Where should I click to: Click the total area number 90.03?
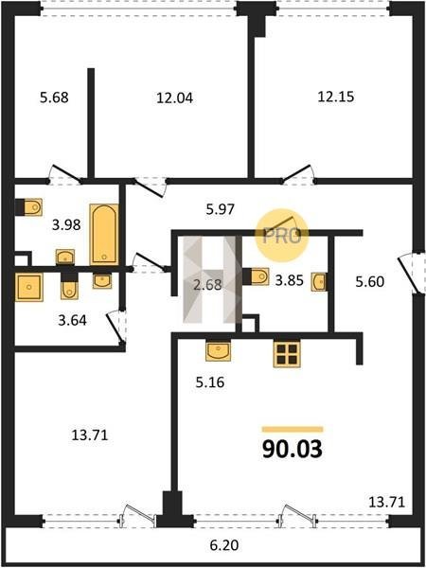click(292, 449)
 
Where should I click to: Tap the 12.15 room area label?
click(336, 98)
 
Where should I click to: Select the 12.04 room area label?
click(174, 98)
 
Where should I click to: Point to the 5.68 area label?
click(54, 98)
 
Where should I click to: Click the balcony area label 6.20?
click(224, 545)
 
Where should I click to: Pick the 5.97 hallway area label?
click(221, 209)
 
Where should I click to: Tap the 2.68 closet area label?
click(207, 284)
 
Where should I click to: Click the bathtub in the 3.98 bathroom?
click(104, 235)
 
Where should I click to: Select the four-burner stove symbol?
click(287, 354)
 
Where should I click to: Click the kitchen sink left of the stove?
click(218, 350)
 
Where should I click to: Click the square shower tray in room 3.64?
click(29, 287)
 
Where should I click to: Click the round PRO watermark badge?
click(282, 236)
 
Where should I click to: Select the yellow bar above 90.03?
click(293, 430)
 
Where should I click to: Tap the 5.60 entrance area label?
click(369, 281)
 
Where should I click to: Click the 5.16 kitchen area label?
click(210, 382)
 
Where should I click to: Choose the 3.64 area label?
click(73, 321)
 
